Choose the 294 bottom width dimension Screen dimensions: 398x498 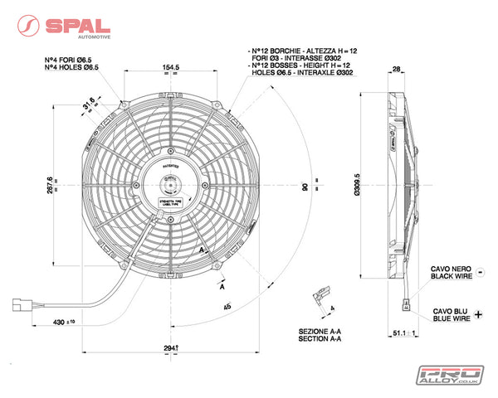tap(170, 349)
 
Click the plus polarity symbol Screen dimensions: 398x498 tap(479, 317)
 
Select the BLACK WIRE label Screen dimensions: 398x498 tap(452, 279)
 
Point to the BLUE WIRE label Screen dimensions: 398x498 tap(452, 318)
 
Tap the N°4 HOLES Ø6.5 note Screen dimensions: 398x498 tap(71, 66)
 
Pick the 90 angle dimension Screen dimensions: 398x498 tap(305, 187)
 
